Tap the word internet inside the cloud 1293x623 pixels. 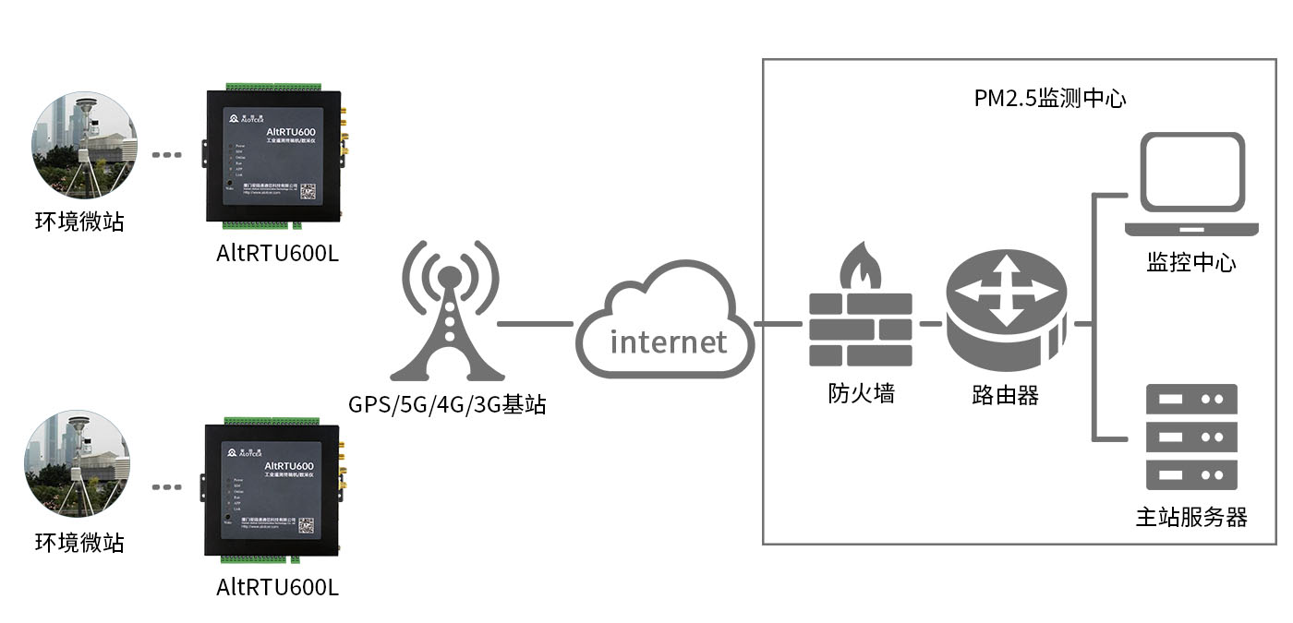[669, 341]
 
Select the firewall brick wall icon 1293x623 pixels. [861, 329]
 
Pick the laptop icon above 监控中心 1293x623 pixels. [1190, 185]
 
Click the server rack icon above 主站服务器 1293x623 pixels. [1191, 437]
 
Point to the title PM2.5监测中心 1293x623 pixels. [1050, 99]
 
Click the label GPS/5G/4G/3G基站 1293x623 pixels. [447, 404]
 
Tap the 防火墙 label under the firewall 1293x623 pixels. [861, 394]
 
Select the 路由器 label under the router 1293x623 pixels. [1006, 396]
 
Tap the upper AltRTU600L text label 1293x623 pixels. [277, 254]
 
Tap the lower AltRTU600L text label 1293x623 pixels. [277, 587]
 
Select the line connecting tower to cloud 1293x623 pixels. [535, 324]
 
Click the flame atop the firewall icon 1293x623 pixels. [860, 267]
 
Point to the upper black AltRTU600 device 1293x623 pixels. [273, 157]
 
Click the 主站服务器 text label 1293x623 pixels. [1190, 517]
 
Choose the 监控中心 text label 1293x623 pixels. [1190, 263]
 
